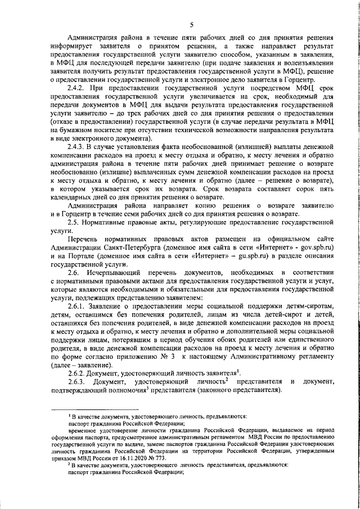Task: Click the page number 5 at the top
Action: (191, 25)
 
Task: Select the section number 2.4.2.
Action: (77, 89)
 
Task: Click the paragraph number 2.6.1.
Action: (77, 305)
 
